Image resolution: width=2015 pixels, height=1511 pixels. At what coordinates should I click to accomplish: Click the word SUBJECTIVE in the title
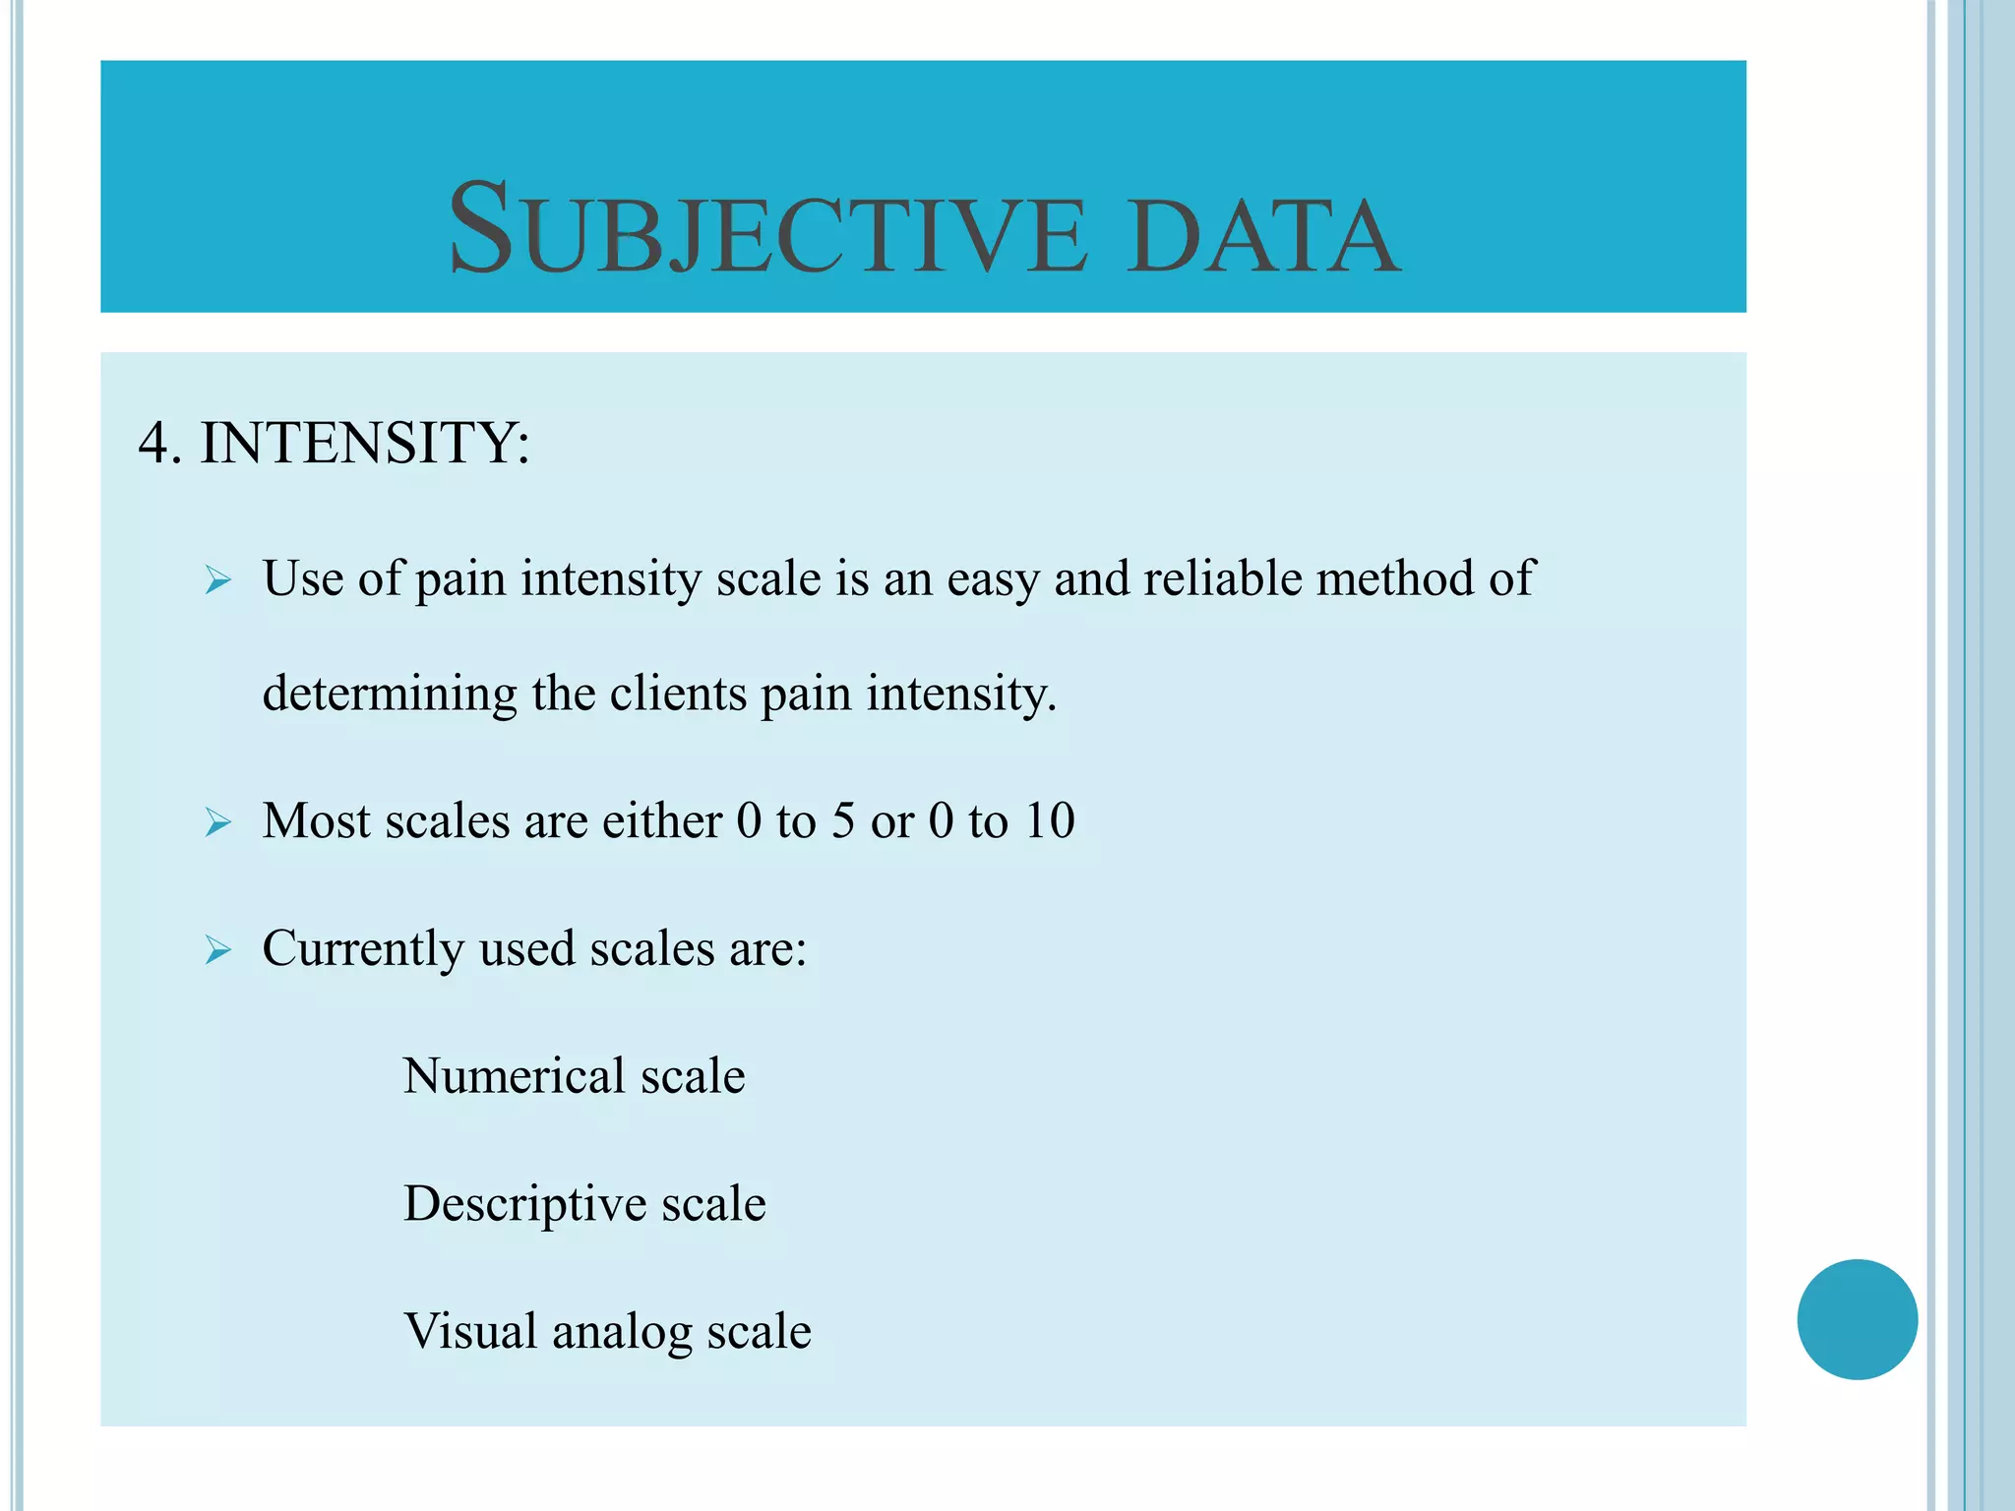767,230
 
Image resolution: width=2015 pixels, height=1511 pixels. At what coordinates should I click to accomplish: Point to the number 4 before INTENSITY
155,443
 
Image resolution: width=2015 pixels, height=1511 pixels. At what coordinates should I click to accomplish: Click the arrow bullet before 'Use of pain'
217,580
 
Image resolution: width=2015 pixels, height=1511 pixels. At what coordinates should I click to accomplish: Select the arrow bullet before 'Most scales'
217,821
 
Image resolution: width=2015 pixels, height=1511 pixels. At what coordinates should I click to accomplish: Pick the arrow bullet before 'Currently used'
217,950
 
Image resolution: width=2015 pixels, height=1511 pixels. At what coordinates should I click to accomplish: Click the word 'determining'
390,695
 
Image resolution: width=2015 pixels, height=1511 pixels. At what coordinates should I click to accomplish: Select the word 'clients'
678,693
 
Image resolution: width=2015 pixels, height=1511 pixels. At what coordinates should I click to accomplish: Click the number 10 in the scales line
1049,820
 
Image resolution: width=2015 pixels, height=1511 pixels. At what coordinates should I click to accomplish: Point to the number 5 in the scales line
842,820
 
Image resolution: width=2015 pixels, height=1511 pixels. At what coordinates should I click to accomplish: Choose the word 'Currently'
363,950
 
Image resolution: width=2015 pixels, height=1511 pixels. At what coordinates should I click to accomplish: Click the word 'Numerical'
514,1075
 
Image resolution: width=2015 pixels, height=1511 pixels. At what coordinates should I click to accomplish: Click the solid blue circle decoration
1857,1319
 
